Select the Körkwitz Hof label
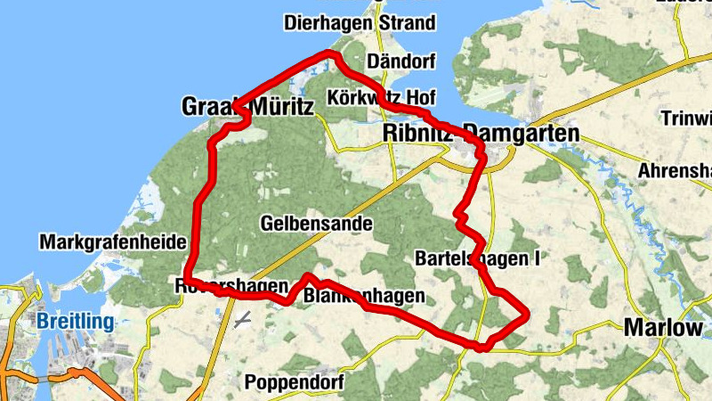386,96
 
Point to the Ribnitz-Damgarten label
481,133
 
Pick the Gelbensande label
316,223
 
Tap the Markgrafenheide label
112,242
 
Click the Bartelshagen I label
478,258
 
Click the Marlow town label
664,327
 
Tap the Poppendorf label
299,383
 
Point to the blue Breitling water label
76,322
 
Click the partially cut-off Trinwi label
686,119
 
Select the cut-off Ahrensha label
676,170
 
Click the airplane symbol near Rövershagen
242,320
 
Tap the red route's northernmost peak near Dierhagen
334,54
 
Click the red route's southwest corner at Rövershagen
187,280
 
